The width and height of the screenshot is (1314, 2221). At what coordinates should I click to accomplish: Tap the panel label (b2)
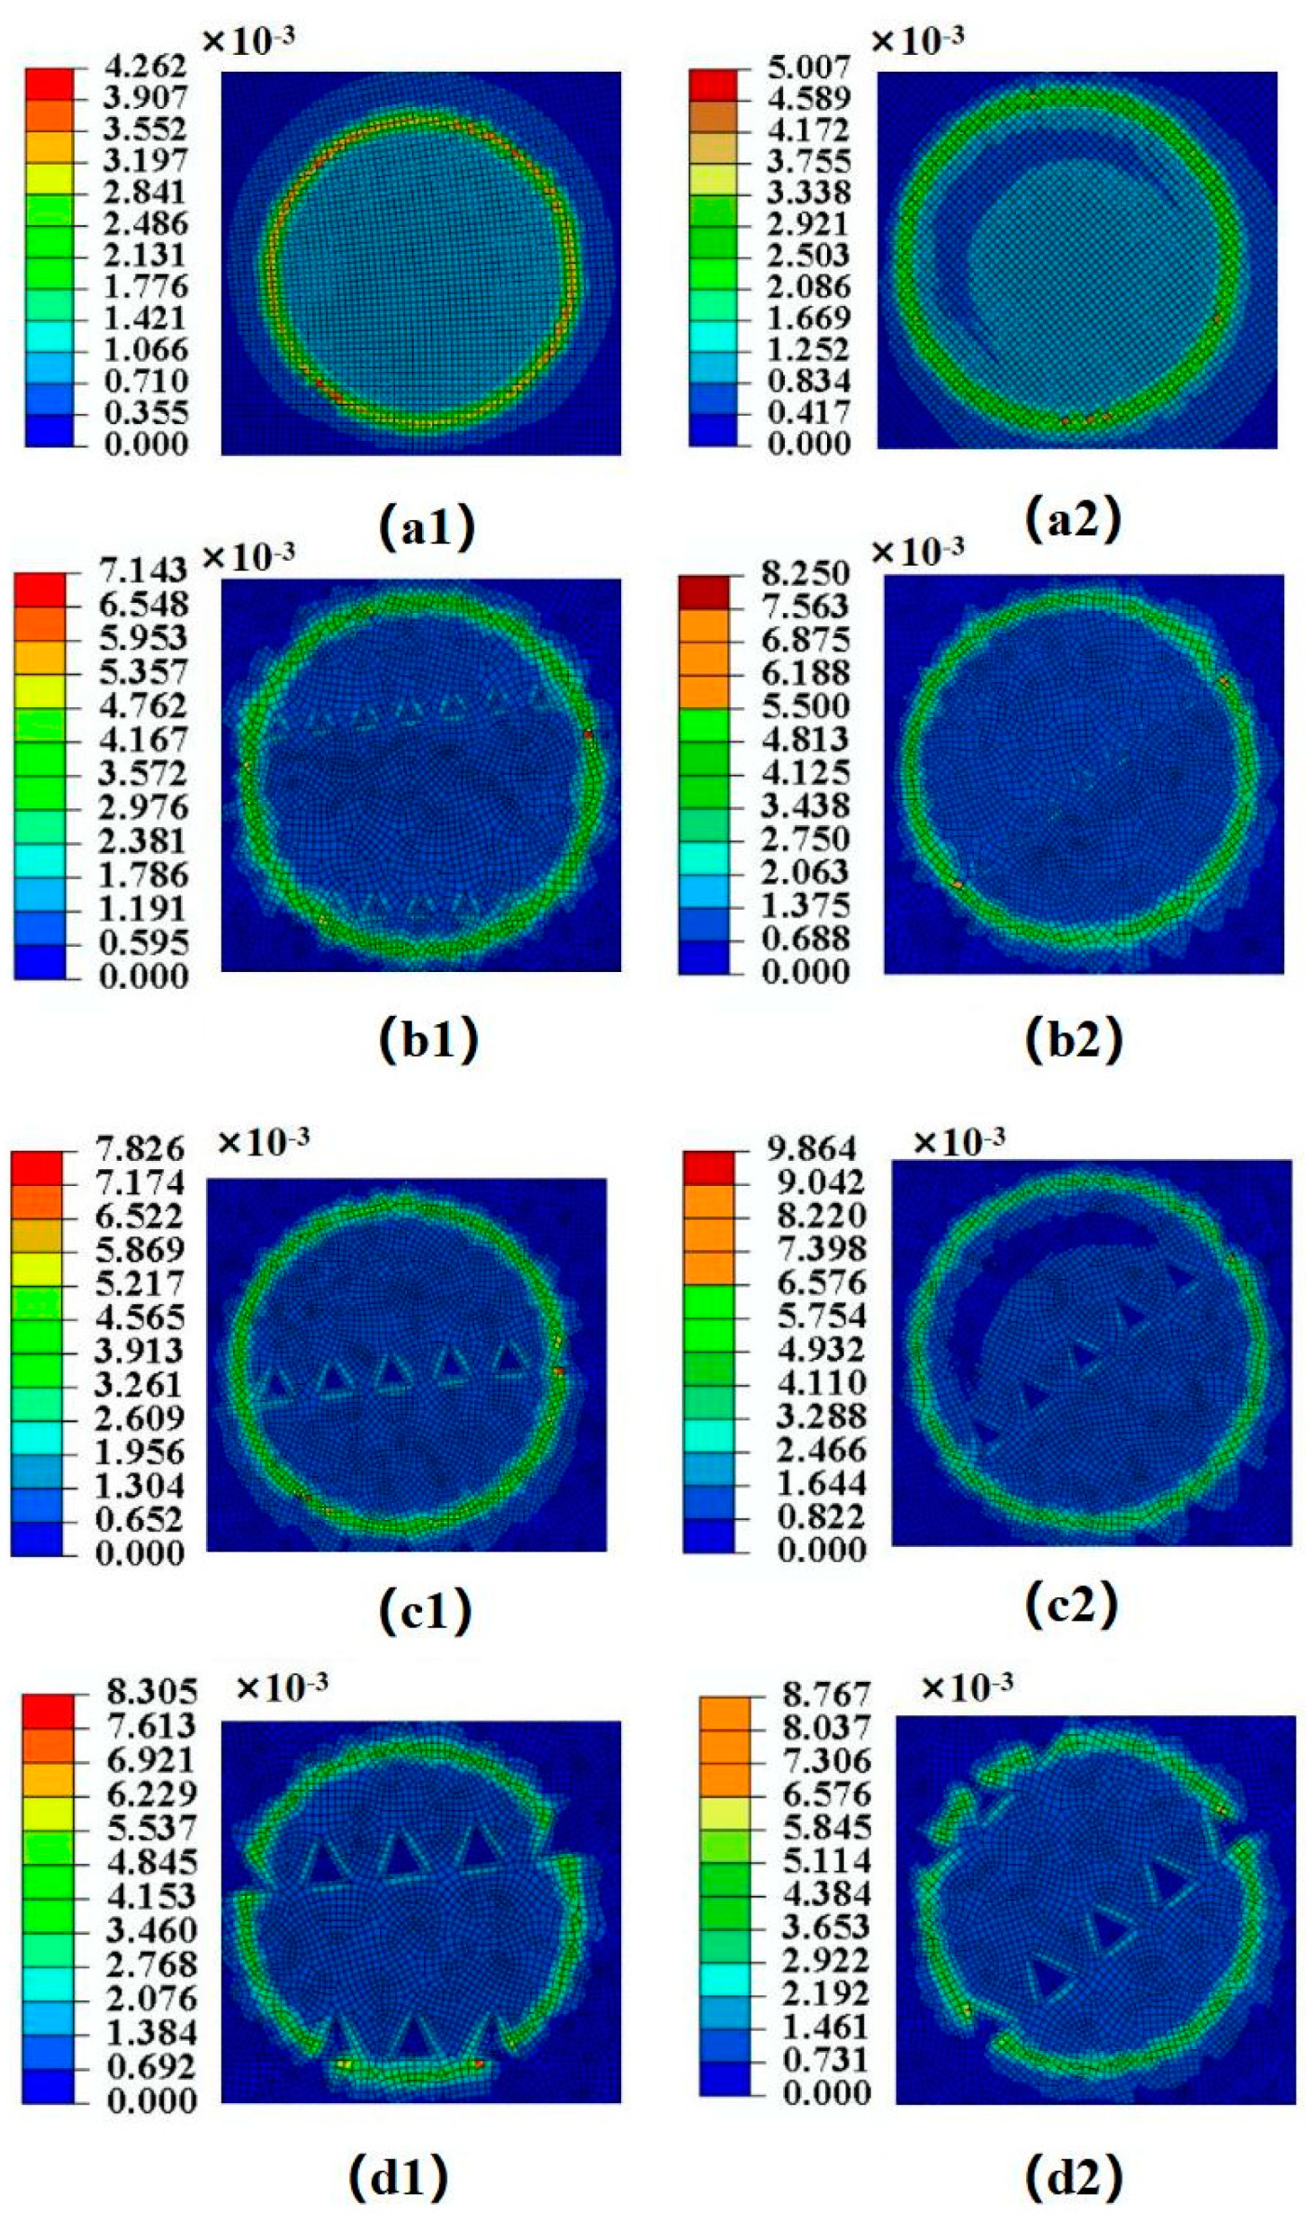[x=1073, y=1040]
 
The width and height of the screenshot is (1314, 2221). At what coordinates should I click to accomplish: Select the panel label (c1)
[x=425, y=1610]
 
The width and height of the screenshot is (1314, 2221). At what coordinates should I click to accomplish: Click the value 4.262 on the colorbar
[x=144, y=66]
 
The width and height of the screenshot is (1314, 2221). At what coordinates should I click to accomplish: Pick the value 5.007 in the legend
[x=807, y=66]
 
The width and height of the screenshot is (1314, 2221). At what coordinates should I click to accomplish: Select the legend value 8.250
[x=805, y=573]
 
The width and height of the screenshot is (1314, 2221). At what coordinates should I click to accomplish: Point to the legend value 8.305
[x=151, y=1692]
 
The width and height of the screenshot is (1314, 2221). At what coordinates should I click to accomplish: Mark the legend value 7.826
[x=139, y=1149]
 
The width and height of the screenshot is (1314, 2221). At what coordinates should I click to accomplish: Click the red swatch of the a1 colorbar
[x=49, y=83]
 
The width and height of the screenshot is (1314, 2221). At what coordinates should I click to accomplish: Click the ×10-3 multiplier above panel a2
[x=918, y=39]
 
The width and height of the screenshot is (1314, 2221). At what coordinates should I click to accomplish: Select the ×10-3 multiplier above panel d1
[x=281, y=1687]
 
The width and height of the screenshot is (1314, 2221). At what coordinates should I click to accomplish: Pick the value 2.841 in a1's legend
[x=144, y=192]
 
